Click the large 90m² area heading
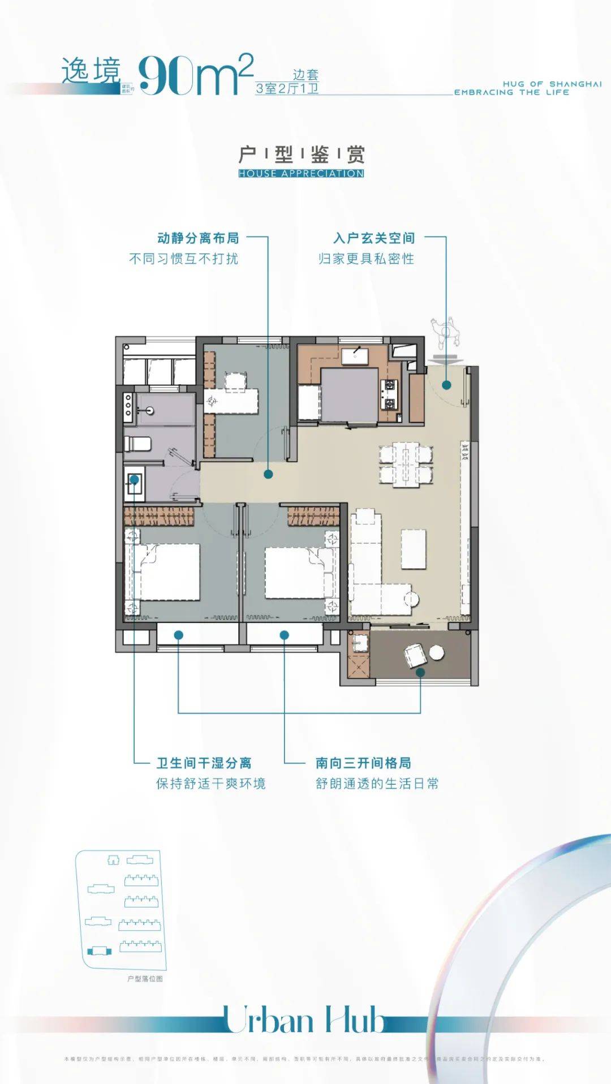195,75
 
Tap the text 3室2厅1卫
287,88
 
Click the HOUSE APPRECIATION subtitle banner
301,173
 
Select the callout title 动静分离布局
198,238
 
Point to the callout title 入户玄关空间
374,238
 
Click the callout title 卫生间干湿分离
204,763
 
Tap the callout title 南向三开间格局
363,763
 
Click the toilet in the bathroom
137,444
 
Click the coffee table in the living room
414,549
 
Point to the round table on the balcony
436,652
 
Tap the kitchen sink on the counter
355,355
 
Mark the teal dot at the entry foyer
446,385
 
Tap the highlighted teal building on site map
99,950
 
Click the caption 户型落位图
145,979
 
